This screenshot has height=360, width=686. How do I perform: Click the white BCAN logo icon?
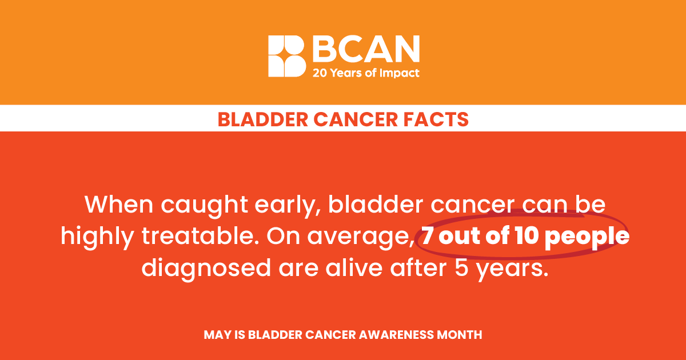click(x=287, y=56)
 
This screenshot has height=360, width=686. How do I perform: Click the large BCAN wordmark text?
click(x=366, y=49)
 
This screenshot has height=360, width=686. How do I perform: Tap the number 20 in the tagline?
click(x=320, y=73)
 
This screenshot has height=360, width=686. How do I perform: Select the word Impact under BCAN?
click(x=400, y=74)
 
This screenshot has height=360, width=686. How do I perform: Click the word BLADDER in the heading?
click(x=263, y=119)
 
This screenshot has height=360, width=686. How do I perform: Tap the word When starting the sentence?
click(x=119, y=204)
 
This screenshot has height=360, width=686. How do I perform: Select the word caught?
click(x=204, y=206)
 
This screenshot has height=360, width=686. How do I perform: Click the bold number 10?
click(x=527, y=235)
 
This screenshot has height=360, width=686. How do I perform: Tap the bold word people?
click(x=587, y=238)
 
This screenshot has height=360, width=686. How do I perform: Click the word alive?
click(x=354, y=267)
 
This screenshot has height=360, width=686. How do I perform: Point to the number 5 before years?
click(x=461, y=268)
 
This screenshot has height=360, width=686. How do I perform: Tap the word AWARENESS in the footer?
click(x=396, y=335)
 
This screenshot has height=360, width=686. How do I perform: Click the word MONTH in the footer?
click(x=460, y=335)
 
